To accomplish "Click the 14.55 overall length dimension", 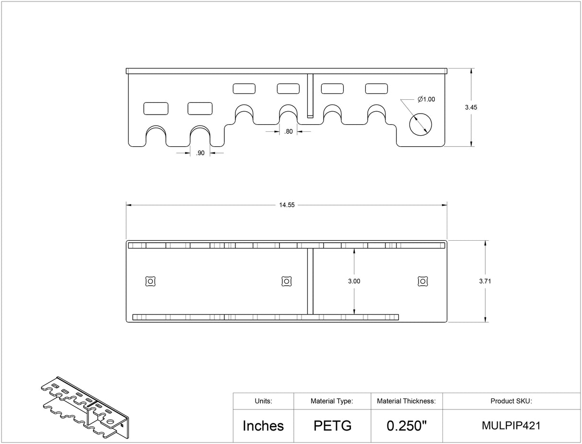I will pyautogui.click(x=287, y=205).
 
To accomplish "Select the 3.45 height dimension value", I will pyautogui.click(x=471, y=107).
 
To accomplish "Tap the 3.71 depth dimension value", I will pyautogui.click(x=485, y=281).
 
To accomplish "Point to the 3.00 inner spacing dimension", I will pyautogui.click(x=354, y=281).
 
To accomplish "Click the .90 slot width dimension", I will pyautogui.click(x=200, y=153).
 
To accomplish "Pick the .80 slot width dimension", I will pyautogui.click(x=288, y=132).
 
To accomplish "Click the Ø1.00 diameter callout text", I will pyautogui.click(x=426, y=99).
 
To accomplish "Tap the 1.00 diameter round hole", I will pyautogui.click(x=420, y=124).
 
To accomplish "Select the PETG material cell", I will pyautogui.click(x=332, y=425).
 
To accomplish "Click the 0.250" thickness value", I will pyautogui.click(x=406, y=425).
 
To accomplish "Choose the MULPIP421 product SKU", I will pyautogui.click(x=511, y=425).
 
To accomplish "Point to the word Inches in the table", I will pyautogui.click(x=263, y=425).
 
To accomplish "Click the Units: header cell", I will pyautogui.click(x=263, y=401).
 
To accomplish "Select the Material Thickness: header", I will pyautogui.click(x=406, y=401).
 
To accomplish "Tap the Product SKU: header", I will pyautogui.click(x=511, y=401).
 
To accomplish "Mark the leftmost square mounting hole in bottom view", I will pyautogui.click(x=150, y=281).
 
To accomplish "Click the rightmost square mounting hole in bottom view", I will pyautogui.click(x=422, y=281).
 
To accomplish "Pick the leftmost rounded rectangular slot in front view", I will pyautogui.click(x=156, y=108).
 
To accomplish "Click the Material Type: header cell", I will pyautogui.click(x=332, y=401).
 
